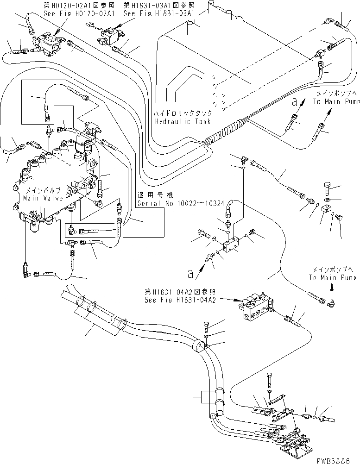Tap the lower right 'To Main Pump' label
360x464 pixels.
tap(333, 278)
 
